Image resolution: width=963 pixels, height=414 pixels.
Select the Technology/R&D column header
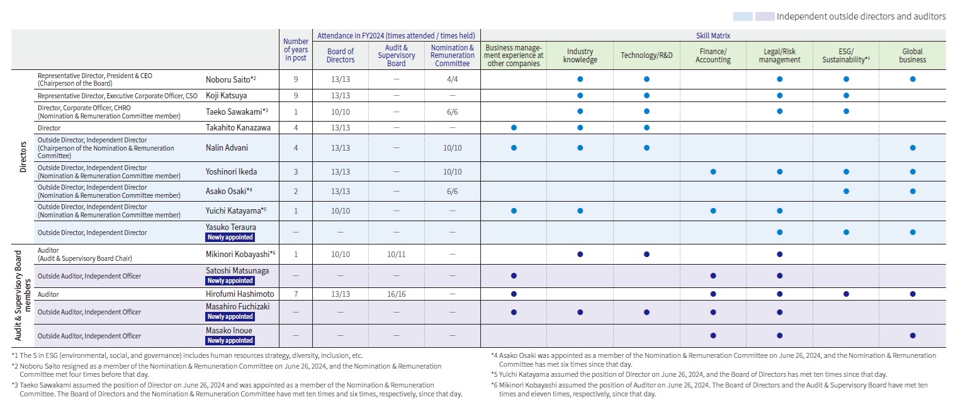[x=646, y=55]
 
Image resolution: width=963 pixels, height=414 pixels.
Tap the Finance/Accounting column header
[x=713, y=55]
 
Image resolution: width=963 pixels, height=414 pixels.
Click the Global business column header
[x=912, y=55]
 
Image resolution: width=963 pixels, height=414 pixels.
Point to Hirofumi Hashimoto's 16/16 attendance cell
[x=396, y=294]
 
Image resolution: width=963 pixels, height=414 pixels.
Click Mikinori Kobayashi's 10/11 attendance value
[x=396, y=254]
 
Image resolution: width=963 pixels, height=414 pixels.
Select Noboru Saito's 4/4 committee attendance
[x=452, y=79]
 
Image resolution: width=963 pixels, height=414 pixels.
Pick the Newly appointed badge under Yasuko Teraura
[x=230, y=238]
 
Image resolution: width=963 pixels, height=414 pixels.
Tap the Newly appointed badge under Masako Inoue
[x=230, y=341]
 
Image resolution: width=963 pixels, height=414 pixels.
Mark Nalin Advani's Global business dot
[x=912, y=148]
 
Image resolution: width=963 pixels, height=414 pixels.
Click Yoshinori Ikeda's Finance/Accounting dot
[x=713, y=171]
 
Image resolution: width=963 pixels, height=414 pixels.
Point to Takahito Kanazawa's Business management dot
[x=514, y=127]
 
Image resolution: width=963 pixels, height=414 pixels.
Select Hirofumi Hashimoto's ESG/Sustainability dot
[x=846, y=294]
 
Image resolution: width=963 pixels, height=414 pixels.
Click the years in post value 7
[x=295, y=294]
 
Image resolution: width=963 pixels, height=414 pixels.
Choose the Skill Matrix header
[x=713, y=36]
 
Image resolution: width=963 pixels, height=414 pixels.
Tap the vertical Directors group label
[x=23, y=157]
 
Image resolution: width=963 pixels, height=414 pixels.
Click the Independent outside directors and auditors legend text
[x=860, y=16]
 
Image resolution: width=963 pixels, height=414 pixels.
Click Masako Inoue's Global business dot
[x=912, y=335]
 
